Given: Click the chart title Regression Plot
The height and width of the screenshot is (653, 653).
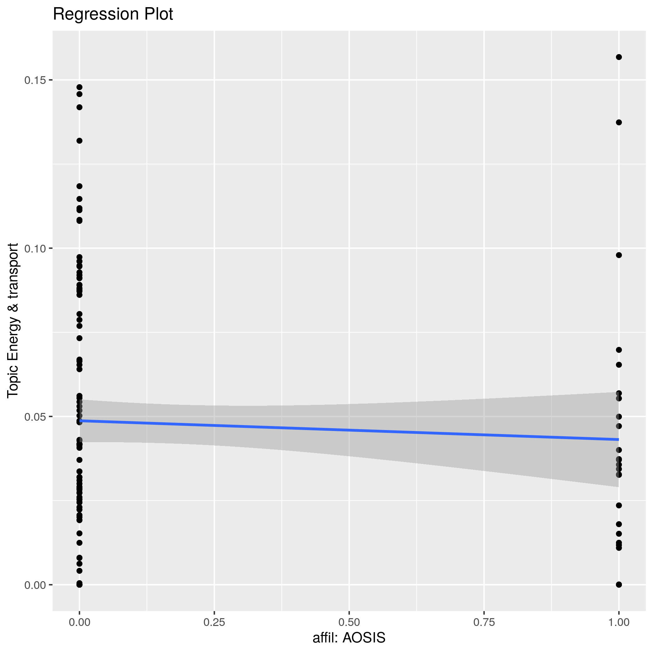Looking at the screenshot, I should tap(113, 15).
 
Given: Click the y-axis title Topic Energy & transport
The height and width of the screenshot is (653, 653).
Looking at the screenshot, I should tap(13, 320).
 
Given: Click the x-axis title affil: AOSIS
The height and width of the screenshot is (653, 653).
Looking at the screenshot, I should tap(349, 637).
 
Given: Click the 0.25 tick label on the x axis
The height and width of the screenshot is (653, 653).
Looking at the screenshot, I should tap(214, 622).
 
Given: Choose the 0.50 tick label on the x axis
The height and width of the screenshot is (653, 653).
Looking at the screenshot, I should tap(349, 622).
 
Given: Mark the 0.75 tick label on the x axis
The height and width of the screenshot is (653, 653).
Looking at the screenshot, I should tap(484, 622).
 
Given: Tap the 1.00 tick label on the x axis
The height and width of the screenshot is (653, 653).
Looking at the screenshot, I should tap(618, 622).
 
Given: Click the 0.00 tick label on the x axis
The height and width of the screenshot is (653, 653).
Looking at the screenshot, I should tap(79, 622).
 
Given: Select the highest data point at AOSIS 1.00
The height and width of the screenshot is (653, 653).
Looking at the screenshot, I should tap(619, 57).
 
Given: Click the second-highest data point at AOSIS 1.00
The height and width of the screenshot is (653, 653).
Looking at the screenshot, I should tap(619, 122).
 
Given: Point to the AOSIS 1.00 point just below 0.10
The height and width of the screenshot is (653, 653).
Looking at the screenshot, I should tap(619, 255).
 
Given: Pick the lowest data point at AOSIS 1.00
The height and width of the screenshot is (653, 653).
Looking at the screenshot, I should tap(619, 584).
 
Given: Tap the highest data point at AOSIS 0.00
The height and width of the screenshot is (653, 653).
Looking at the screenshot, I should tap(79, 87).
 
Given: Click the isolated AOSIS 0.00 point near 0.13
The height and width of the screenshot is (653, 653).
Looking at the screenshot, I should tap(79, 141).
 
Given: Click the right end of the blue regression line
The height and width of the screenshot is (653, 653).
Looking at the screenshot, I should tap(618, 439).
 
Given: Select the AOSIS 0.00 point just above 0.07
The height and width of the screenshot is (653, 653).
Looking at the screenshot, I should tap(79, 338).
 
